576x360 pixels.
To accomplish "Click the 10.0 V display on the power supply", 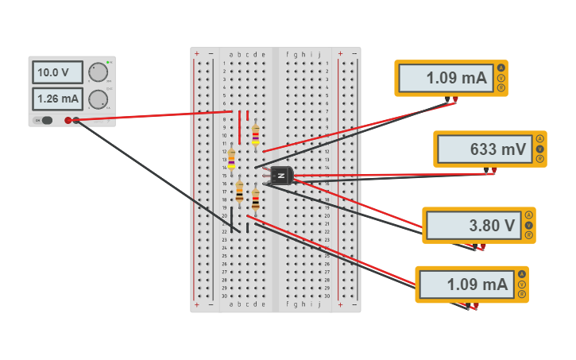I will click(x=57, y=72).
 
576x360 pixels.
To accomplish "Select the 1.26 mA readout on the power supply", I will click(x=57, y=99).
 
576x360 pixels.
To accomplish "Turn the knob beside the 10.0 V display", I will click(x=98, y=72).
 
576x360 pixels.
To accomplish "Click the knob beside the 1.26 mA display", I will click(x=98, y=99).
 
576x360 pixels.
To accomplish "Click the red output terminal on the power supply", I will click(x=68, y=120).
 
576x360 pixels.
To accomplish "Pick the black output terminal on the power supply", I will click(x=76, y=120).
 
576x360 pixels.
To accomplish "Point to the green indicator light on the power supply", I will click(x=109, y=62).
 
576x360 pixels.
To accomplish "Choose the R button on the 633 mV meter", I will click(x=540, y=159).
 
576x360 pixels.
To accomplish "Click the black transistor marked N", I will click(x=281, y=176).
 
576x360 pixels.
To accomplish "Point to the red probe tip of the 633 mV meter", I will click(x=495, y=170).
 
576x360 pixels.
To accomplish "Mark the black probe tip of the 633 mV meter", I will click(x=486, y=170).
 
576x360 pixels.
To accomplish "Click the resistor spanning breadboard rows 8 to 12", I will click(x=255, y=135).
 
